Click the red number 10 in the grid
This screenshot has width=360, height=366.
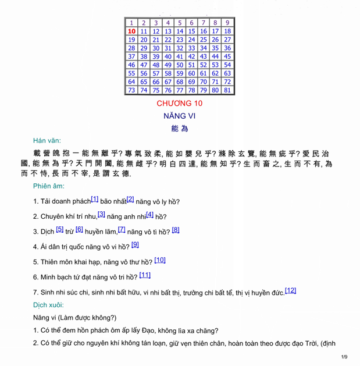click(132, 31)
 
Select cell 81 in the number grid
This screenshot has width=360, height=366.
click(227, 90)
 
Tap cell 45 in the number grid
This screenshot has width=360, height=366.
click(227, 56)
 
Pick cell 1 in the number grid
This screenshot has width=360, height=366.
click(132, 23)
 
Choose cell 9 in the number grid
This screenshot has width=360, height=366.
click(227, 23)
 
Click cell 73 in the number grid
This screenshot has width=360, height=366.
click(132, 90)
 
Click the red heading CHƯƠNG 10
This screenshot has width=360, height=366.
click(180, 103)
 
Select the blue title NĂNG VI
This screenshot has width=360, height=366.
click(180, 116)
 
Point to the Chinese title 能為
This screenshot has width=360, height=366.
click(180, 129)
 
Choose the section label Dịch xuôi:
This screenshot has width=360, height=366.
click(49, 304)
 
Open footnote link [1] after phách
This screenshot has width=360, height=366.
click(95, 199)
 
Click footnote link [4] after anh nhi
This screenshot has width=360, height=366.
click(150, 214)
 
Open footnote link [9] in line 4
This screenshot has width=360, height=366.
click(135, 244)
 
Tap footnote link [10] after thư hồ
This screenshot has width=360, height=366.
click(160, 260)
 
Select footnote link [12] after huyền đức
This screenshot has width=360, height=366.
click(291, 290)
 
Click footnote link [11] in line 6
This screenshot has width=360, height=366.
click(145, 275)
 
